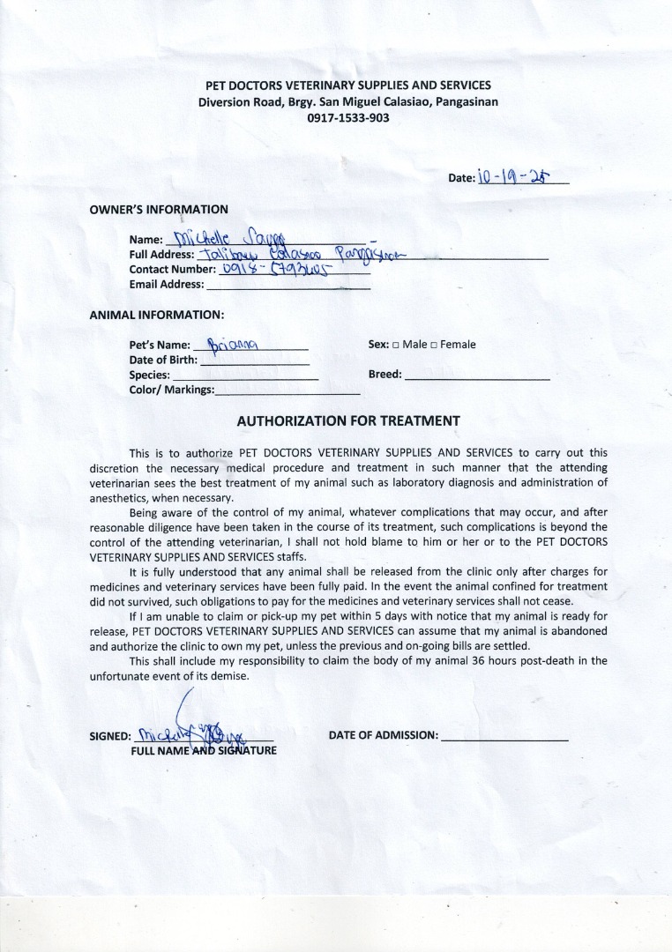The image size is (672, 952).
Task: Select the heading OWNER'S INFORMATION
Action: pyautogui.click(x=159, y=210)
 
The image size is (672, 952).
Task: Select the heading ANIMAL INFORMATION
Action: pyautogui.click(x=157, y=315)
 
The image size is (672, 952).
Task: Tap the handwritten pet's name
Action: pyautogui.click(x=231, y=344)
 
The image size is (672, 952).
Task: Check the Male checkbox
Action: pyautogui.click(x=396, y=345)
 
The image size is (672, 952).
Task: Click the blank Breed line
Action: pyautogui.click(x=477, y=375)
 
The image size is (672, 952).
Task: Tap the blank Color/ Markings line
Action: pyautogui.click(x=287, y=390)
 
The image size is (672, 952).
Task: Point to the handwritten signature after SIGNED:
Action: pyautogui.click(x=190, y=727)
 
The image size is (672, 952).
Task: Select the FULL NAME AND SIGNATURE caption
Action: pyautogui.click(x=204, y=751)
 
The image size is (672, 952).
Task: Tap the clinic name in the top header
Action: pyautogui.click(x=347, y=86)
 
